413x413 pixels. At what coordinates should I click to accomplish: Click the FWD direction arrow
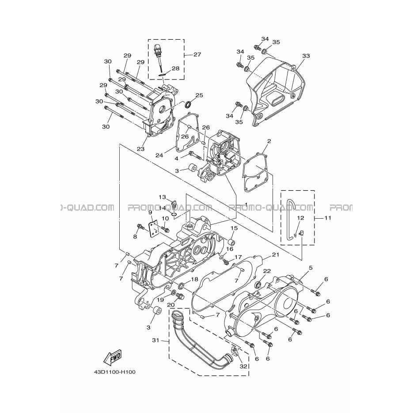coord(113,358)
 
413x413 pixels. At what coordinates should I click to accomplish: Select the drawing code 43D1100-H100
coord(115,372)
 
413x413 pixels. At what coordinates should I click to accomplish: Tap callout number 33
coord(306,56)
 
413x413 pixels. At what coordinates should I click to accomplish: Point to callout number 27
coord(197,54)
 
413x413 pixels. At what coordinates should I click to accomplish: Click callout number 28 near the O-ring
coord(175,68)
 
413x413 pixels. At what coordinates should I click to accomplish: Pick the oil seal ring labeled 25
coord(188,105)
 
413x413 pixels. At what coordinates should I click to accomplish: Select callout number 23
coord(140,149)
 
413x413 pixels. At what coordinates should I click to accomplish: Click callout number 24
coord(159,155)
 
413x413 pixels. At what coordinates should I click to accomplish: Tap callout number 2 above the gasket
coord(269,141)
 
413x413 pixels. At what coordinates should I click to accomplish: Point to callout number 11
coord(328,218)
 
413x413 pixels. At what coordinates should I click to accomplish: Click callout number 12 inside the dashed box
coord(300,218)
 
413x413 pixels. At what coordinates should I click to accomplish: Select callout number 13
coord(162,197)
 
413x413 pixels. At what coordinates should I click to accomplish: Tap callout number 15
coord(234,228)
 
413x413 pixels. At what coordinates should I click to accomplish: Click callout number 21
coord(275,255)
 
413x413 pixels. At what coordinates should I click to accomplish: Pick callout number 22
coord(267,272)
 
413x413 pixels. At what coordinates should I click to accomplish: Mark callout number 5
coord(311,268)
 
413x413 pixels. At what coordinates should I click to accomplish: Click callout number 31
coord(155,340)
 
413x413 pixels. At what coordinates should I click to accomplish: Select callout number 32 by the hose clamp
coord(243,366)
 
